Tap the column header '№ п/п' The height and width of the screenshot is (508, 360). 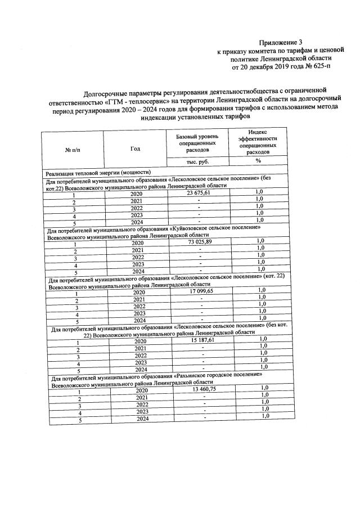coord(73,150)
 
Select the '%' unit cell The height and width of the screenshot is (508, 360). coord(258,161)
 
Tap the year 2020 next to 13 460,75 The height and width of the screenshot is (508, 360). coord(142,390)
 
